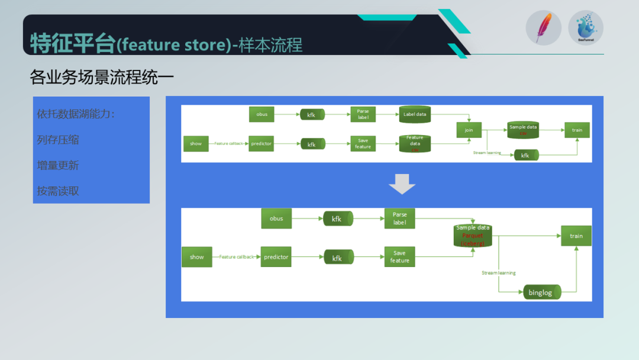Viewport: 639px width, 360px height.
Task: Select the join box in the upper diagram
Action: coord(469,130)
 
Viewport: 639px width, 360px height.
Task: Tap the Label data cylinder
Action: coord(415,114)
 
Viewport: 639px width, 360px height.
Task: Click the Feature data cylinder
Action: coord(415,144)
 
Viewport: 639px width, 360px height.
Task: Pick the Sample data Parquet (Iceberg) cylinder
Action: coord(473,236)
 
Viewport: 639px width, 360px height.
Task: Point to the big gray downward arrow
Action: coord(402,184)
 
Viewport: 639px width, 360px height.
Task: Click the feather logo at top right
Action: coord(543,28)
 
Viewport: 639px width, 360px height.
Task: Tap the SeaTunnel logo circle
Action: coord(585,28)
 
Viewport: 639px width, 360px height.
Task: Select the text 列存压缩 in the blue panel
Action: coord(58,140)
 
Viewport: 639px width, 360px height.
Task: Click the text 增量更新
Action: coord(58,165)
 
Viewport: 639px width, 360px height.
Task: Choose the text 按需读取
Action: coord(58,191)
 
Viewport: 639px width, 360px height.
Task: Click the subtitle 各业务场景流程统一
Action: coord(102,77)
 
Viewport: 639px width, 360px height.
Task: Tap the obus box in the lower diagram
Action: coord(276,218)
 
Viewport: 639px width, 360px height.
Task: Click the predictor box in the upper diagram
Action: coord(261,143)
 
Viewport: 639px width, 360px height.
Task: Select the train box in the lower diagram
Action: coord(576,236)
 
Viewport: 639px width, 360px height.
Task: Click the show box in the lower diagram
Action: coord(196,257)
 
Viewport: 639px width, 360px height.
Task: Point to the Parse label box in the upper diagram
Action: coord(363,114)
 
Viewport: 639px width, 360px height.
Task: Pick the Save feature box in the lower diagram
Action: coord(399,257)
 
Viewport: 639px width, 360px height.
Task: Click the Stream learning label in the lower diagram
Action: coord(498,273)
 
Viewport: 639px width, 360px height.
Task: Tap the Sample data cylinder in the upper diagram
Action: coord(523,130)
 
